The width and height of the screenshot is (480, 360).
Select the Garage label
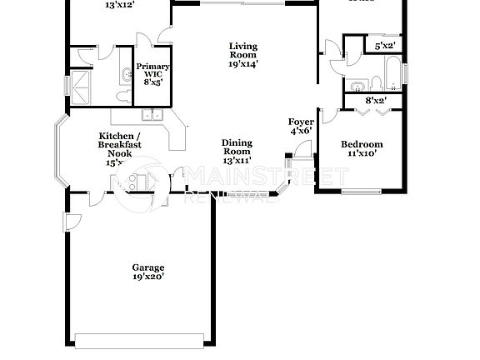pos(147,268)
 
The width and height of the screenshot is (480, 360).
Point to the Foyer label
pos(301,122)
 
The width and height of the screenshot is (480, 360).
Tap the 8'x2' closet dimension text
pos(377,101)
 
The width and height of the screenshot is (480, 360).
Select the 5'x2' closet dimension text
pos(385,46)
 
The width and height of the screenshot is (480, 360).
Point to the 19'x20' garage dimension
pos(147,277)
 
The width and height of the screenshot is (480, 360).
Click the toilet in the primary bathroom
pos(122,96)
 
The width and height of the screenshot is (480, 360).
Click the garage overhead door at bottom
pos(139,338)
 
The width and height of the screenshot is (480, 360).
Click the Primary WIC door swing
pos(165,34)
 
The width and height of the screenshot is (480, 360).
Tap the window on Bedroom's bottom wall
pos(362,192)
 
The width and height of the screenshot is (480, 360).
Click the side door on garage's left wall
pos(72,222)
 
